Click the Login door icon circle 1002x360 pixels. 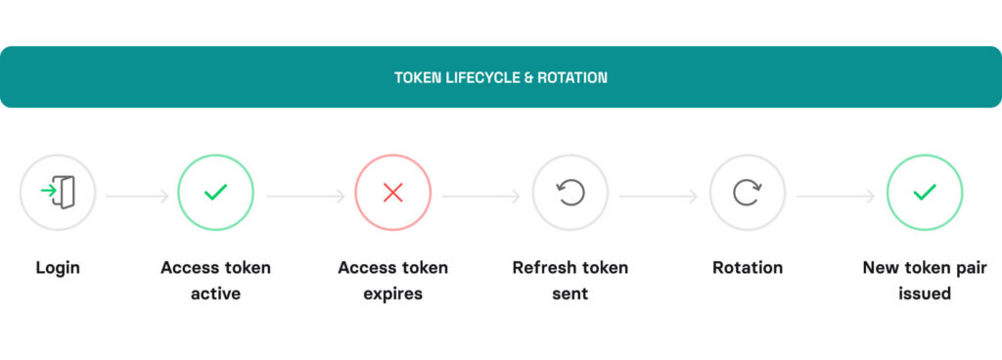(58, 193)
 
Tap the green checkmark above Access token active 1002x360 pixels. (215, 193)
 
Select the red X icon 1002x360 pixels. (392, 193)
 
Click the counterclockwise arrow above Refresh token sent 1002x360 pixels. (570, 193)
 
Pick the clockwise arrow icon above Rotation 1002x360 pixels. (748, 193)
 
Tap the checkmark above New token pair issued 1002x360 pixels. (925, 193)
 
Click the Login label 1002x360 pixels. (58, 267)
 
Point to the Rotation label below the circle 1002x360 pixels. (748, 267)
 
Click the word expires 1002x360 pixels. (392, 293)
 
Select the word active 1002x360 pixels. (215, 293)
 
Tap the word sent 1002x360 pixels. (570, 293)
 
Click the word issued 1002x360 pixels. (925, 293)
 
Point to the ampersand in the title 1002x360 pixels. (528, 76)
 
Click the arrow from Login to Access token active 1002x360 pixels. (137, 197)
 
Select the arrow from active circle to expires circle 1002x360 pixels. (304, 197)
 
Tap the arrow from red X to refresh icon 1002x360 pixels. (481, 197)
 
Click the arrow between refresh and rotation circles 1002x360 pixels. (659, 197)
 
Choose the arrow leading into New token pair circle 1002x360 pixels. (836, 197)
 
